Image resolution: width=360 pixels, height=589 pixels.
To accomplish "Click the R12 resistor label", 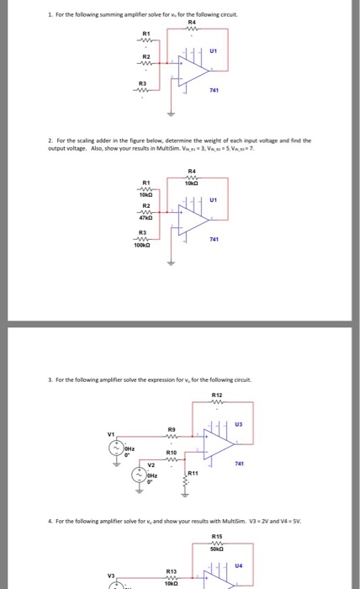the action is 216,393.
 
